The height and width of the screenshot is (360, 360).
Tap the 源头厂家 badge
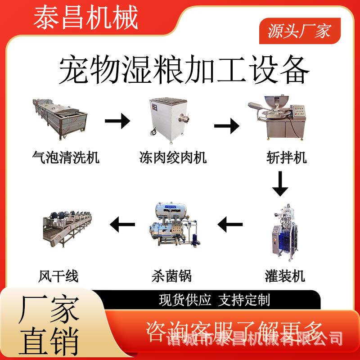299,31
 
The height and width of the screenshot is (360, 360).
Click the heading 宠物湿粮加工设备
184,69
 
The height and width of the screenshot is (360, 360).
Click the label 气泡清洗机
66,157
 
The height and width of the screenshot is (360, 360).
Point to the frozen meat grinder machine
168,116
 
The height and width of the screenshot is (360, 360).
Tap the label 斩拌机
286,157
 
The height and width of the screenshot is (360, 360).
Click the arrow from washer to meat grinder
117,121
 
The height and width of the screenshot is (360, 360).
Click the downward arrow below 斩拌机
280,184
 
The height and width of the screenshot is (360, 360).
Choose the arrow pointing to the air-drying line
122,222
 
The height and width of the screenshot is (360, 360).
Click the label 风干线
58,275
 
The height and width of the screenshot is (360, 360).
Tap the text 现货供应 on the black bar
185,300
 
